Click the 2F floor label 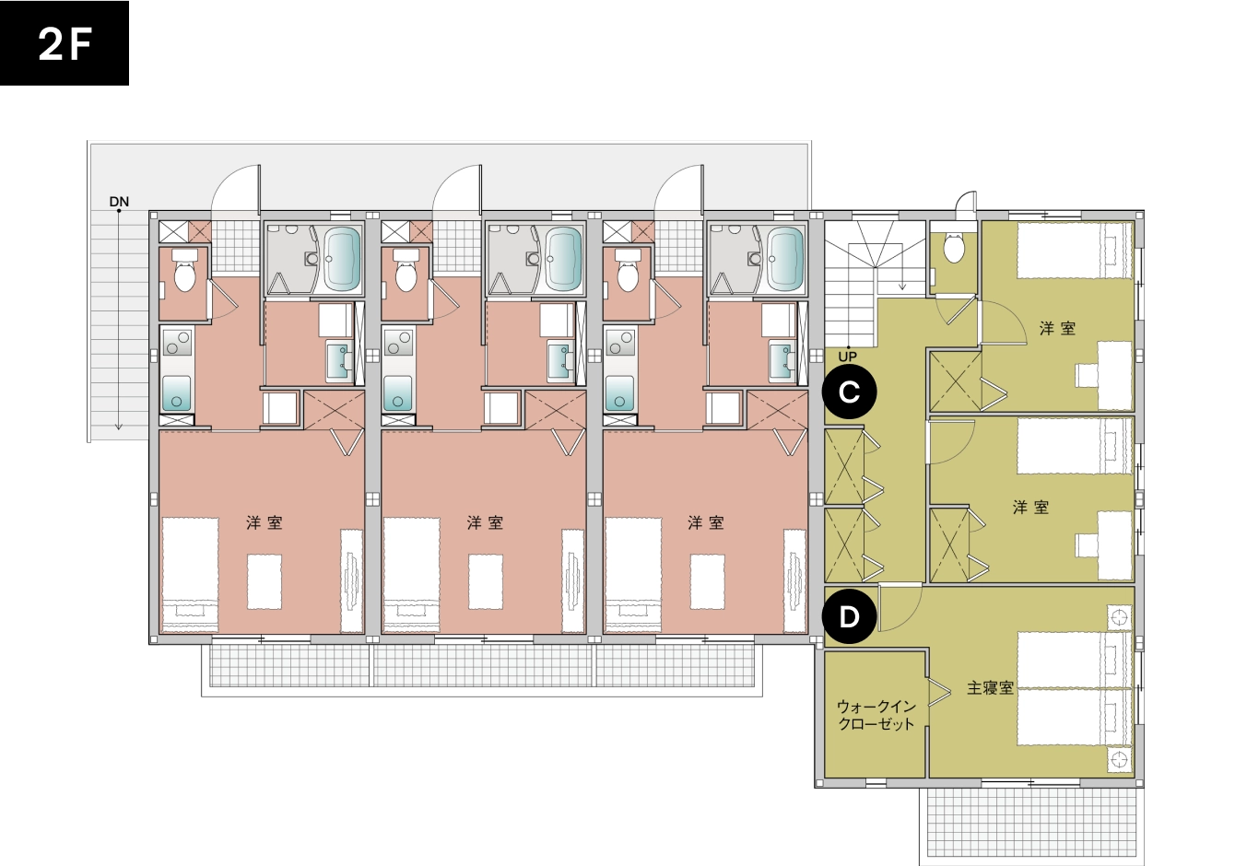tap(65, 44)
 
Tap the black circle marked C tap(849, 392)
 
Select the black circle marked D tap(849, 617)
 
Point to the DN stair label tap(119, 202)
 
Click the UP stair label tap(847, 357)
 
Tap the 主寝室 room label tap(990, 688)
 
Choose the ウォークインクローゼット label tap(876, 714)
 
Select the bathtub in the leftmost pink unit tap(342, 259)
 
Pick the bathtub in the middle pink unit tap(564, 259)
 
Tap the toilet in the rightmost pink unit tap(628, 270)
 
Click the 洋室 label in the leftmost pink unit tap(265, 522)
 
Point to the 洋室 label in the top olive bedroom tap(1057, 329)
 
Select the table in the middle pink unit tap(486, 581)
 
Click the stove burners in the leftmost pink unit tap(177, 342)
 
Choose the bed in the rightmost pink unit tap(633, 574)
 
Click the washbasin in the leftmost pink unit tap(338, 362)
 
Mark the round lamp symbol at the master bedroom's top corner tap(1119, 617)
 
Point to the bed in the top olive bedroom tap(1073, 251)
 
